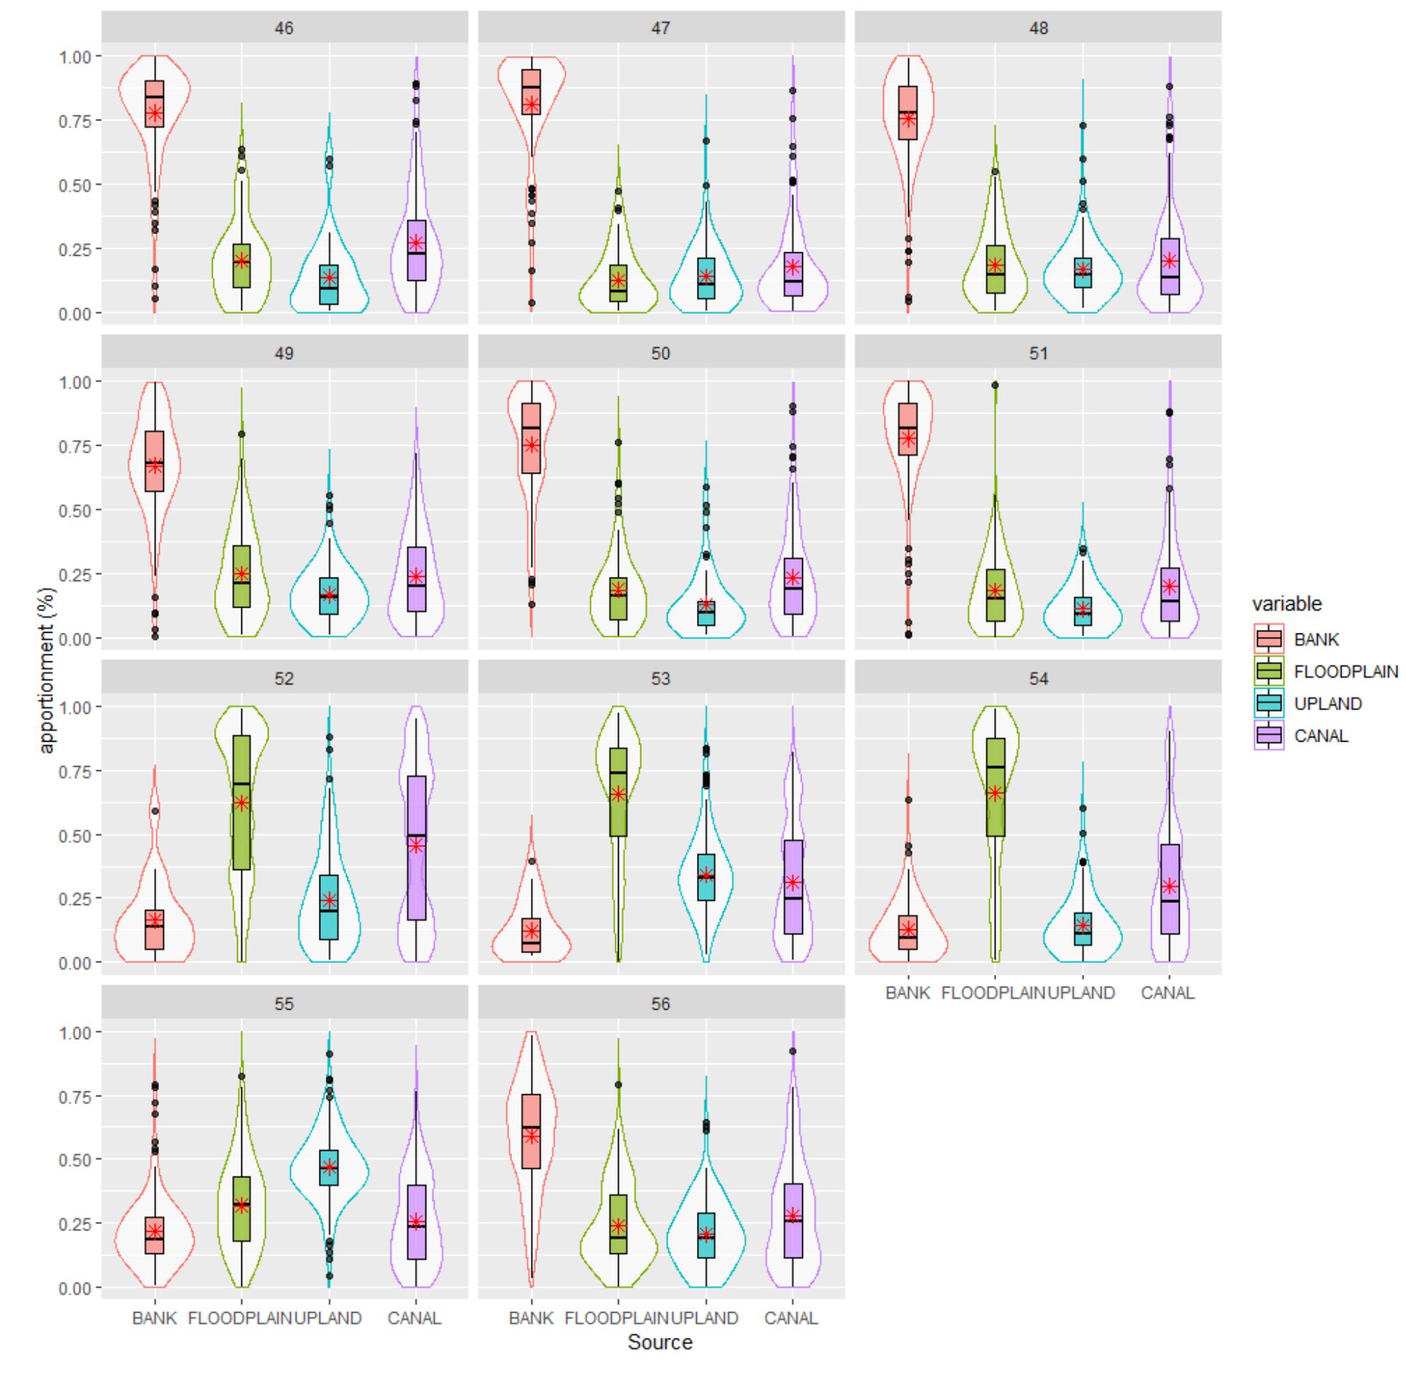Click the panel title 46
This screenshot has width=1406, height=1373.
[x=284, y=28]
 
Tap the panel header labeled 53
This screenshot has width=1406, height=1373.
[x=660, y=679]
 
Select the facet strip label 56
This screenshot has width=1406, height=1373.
[x=660, y=1004]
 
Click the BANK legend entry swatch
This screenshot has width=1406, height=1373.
[x=1268, y=639]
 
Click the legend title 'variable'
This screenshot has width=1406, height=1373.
[x=1286, y=603]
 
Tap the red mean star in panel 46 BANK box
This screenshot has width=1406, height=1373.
[x=155, y=113]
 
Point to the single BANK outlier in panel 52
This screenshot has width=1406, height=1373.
[x=155, y=811]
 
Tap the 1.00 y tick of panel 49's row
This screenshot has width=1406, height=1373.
[x=74, y=381]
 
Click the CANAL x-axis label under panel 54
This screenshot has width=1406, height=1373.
[x=1167, y=993]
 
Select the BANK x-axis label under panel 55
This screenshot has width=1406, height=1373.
[x=154, y=1319]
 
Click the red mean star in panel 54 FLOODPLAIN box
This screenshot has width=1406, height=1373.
[x=995, y=793]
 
